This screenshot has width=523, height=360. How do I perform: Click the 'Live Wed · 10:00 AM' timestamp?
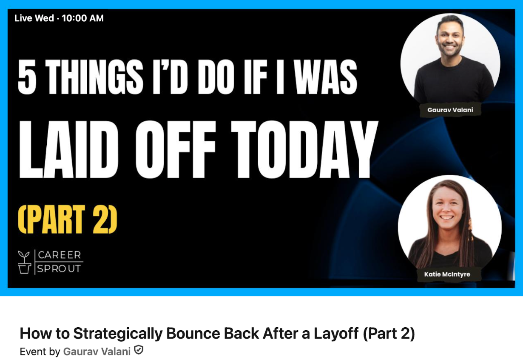59,18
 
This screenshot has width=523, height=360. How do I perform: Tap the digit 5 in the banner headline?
27,77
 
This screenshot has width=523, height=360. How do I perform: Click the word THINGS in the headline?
94,77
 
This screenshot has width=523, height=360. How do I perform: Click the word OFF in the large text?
175,149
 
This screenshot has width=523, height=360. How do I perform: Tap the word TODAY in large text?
304,149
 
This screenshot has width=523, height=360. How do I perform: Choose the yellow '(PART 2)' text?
68,219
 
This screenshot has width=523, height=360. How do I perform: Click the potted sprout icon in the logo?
24,262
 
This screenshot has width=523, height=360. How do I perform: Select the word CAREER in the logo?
60,255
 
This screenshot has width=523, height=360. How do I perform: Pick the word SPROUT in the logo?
59,269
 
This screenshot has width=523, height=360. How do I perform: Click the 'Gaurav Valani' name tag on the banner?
450,110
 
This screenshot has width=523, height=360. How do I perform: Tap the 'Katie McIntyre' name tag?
447,274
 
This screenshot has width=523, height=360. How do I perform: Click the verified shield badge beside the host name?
139,350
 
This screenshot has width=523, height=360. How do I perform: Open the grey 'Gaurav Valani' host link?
97,351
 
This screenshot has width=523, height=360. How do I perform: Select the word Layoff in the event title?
336,333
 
